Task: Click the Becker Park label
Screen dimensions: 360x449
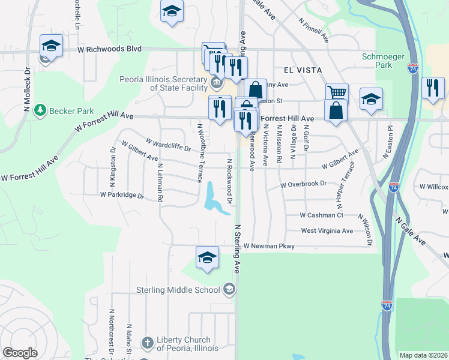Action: (x=67, y=110)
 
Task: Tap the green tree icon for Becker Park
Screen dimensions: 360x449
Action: (x=40, y=110)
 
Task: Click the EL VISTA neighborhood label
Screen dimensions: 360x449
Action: (x=294, y=70)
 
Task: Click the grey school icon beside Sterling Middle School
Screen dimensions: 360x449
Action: (x=229, y=290)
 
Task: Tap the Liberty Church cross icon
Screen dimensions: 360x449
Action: (x=148, y=343)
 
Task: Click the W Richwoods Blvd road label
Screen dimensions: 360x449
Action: (x=109, y=49)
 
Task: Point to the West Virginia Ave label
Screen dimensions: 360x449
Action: (x=327, y=230)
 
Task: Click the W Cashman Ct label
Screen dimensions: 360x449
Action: (x=322, y=215)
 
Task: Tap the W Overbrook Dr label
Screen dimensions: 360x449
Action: (x=304, y=185)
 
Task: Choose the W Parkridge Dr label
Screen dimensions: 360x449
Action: (x=122, y=196)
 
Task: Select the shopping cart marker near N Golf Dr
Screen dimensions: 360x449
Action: (x=337, y=93)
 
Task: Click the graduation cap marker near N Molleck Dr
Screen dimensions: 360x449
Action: (x=52, y=46)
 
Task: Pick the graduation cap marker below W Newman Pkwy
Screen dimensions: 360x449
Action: (x=207, y=257)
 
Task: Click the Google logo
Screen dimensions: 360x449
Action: (x=20, y=353)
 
